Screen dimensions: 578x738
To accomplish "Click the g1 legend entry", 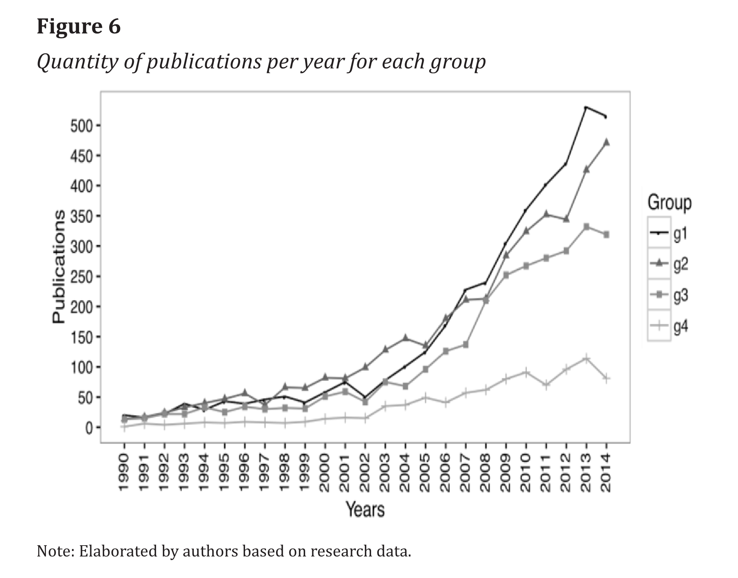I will point(669,233).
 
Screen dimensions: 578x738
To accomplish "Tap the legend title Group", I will point(669,203).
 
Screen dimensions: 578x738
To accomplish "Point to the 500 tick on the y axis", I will point(81,126).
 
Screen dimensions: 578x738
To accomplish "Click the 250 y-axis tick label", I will point(81,277).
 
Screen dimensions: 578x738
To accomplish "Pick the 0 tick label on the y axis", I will point(89,428).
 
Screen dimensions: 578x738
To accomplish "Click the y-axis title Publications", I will point(58,267).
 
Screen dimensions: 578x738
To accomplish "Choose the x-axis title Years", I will point(365,509).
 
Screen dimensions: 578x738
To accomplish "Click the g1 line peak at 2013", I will point(586,107).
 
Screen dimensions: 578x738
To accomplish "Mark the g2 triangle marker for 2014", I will point(606,142).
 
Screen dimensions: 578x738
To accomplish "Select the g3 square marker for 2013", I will point(586,226).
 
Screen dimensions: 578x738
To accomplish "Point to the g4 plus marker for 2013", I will point(586,358).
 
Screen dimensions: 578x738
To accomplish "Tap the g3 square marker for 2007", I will point(466,345).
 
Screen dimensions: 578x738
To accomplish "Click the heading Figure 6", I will point(78,26).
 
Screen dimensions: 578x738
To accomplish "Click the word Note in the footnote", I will point(54,551).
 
